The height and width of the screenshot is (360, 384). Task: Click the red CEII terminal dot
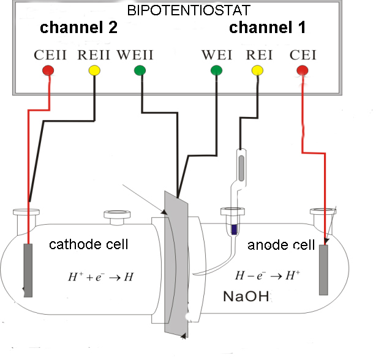[48, 70]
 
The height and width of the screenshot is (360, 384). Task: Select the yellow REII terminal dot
[94, 70]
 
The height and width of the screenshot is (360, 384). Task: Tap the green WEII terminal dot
[140, 70]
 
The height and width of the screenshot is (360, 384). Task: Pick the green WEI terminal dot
[216, 70]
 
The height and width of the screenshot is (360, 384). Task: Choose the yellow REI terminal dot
[258, 70]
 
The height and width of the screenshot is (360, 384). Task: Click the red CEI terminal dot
[302, 70]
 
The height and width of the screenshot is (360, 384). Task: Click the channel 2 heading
[78, 28]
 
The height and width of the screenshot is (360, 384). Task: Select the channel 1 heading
[268, 28]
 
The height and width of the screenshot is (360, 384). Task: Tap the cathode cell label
[89, 244]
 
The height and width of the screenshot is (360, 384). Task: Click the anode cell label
[281, 246]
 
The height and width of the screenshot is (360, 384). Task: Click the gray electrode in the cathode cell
[28, 270]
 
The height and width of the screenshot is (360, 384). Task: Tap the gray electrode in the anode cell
[323, 270]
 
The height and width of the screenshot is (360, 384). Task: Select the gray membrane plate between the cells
[176, 263]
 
